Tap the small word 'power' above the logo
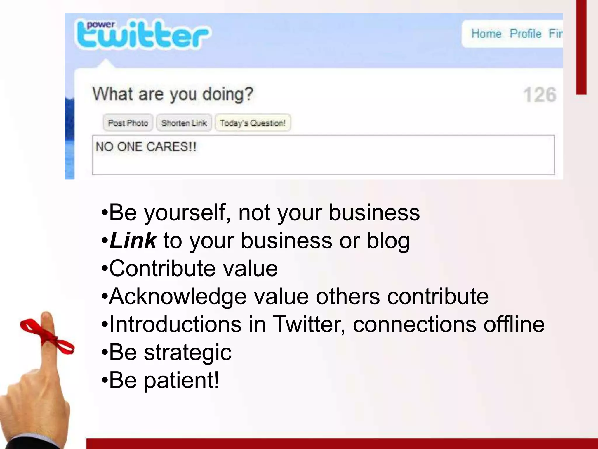101,24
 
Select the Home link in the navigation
486,34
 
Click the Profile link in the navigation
525,34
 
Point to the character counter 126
540,95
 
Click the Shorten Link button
184,123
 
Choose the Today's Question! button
253,123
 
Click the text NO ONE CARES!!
146,147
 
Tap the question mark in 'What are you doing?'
248,94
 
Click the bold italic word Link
133,241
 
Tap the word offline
514,324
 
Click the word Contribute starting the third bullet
162,268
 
